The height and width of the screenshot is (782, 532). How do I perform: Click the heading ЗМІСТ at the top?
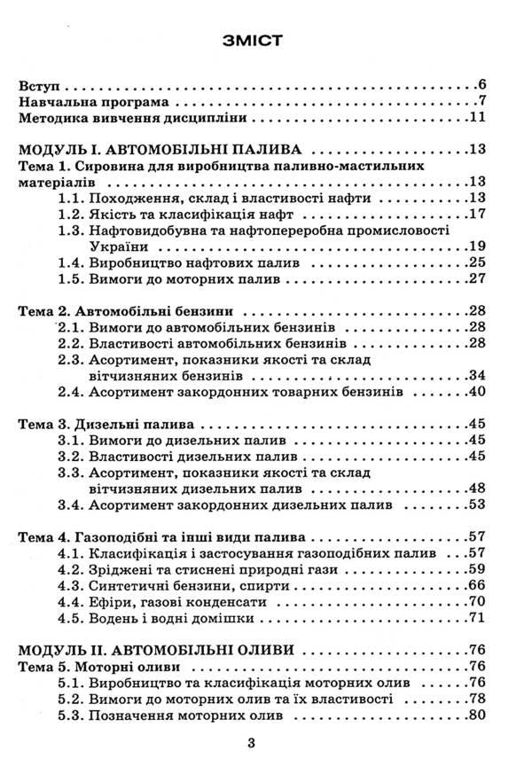265,41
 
